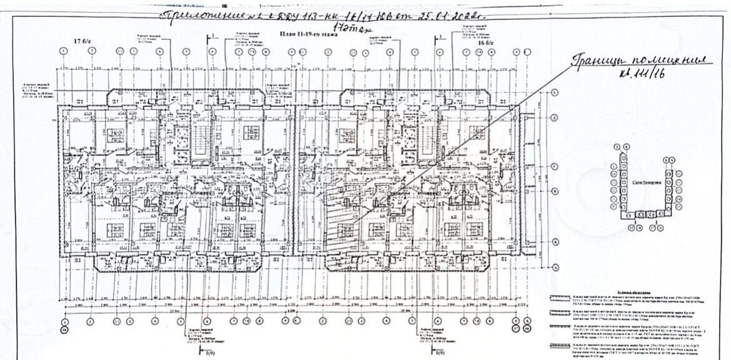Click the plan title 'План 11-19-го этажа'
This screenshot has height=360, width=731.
[x=309, y=37]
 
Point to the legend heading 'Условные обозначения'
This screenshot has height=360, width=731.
[x=638, y=291]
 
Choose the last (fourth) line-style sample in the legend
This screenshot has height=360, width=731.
[x=559, y=345]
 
